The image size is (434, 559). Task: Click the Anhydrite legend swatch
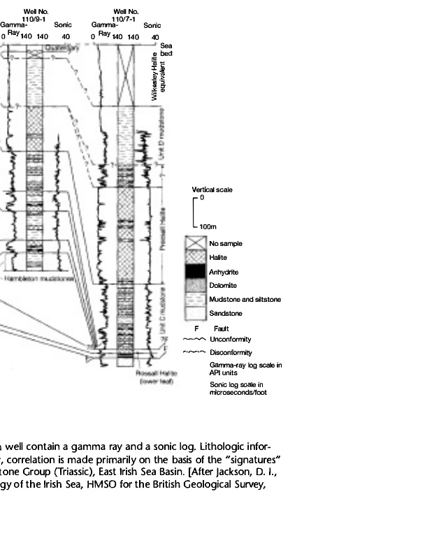click(x=195, y=271)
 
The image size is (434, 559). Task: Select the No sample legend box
click(x=195, y=242)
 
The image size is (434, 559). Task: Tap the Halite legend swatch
click(x=195, y=257)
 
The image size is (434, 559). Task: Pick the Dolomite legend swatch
click(x=195, y=285)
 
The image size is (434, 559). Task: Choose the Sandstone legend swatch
click(x=195, y=314)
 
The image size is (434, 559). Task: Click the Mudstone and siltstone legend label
click(x=245, y=300)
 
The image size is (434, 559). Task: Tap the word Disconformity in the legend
click(x=231, y=352)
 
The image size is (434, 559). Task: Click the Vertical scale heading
click(x=212, y=189)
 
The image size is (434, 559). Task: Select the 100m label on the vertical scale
click(x=208, y=226)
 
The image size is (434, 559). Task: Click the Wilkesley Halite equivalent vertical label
click(x=159, y=77)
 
